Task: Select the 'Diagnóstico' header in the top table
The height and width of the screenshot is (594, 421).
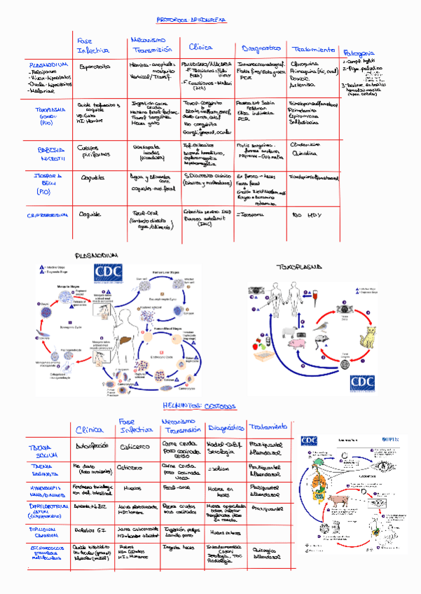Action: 261,48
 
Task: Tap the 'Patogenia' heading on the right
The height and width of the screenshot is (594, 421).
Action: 359,53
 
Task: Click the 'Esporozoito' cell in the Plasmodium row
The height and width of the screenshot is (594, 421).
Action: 95,67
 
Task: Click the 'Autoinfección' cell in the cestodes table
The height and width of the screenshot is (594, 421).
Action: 91,445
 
